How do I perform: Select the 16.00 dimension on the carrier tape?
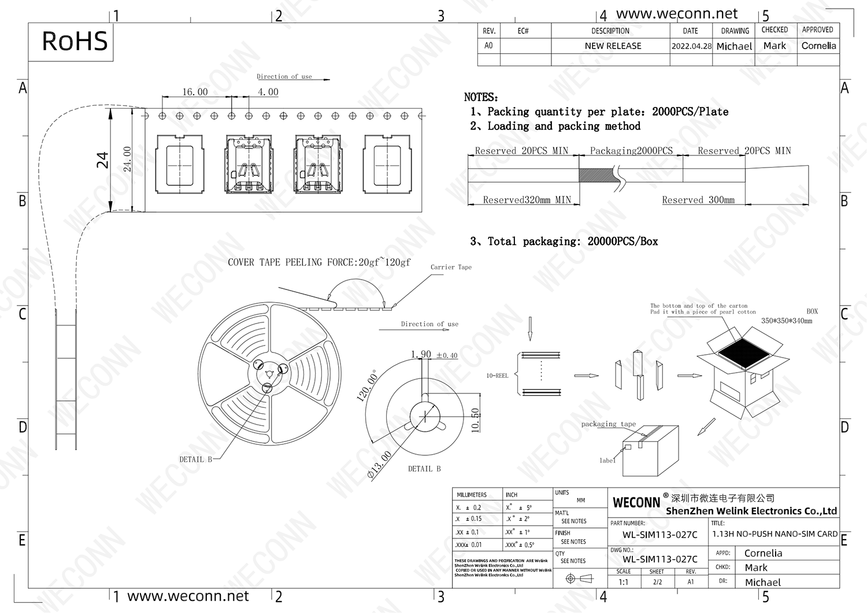[x=195, y=92]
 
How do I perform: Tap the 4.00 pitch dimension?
[x=268, y=92]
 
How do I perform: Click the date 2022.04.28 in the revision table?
[x=691, y=46]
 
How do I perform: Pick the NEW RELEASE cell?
[x=613, y=46]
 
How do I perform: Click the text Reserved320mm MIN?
[x=527, y=200]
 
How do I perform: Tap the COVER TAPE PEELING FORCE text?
[x=318, y=262]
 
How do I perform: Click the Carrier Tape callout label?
[x=451, y=267]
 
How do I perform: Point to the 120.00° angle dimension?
[x=367, y=385]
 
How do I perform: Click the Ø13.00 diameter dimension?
[x=379, y=465]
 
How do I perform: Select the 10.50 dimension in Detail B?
[x=476, y=420]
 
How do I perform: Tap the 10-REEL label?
[x=497, y=376]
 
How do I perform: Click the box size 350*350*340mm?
[x=786, y=321]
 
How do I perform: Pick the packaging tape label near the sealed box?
[x=608, y=424]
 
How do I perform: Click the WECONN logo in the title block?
[x=636, y=502]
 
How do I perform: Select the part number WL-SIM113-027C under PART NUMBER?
[x=659, y=535]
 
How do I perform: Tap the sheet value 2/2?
[x=657, y=582]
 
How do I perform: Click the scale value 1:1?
[x=623, y=582]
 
